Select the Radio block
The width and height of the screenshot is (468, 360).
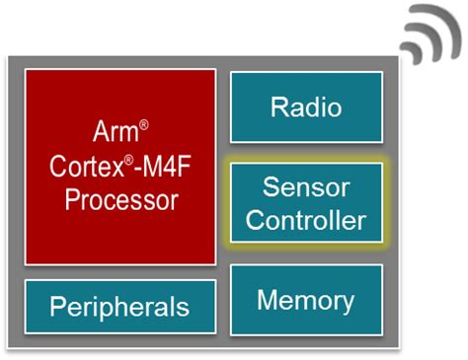[x=305, y=107]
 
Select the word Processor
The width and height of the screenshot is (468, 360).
[x=121, y=199]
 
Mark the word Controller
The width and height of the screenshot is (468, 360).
[x=306, y=220]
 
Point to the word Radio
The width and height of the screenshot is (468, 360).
[x=305, y=107]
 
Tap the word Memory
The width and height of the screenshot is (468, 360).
[x=305, y=299]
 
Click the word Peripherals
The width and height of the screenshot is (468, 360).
[x=120, y=306]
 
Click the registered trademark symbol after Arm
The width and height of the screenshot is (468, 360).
[x=144, y=124]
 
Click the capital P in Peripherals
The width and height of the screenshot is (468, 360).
[x=58, y=306]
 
